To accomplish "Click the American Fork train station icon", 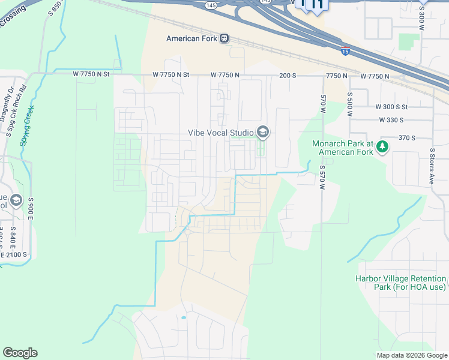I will (224, 38).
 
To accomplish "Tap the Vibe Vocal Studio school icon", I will (262, 131).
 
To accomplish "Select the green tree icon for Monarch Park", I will (382, 146).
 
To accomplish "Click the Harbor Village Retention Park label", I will (400, 283).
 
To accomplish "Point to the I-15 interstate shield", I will (345, 52).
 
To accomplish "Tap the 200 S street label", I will (288, 76).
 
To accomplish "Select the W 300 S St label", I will (391, 106).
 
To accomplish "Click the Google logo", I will (20, 353).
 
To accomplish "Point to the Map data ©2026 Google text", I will (412, 355).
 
